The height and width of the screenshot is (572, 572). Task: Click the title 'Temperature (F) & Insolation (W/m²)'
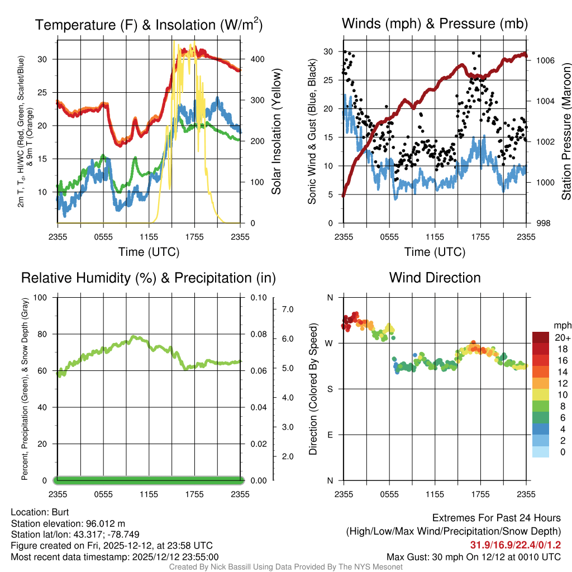pyautogui.click(x=149, y=25)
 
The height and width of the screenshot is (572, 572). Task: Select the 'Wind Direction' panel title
pyautogui.click(x=435, y=278)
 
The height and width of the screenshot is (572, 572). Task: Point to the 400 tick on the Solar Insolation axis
pyautogui.click(x=257, y=59)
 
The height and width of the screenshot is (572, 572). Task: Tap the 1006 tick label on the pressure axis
pyautogui.click(x=545, y=60)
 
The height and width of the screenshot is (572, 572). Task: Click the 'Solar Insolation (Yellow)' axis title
pyautogui.click(x=277, y=131)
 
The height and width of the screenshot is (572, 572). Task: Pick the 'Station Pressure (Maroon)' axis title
pyautogui.click(x=566, y=131)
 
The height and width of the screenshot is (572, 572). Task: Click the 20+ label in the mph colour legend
pyautogui.click(x=563, y=338)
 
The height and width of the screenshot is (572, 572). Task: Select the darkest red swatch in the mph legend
pyautogui.click(x=541, y=337)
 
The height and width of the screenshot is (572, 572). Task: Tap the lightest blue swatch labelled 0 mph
pyautogui.click(x=541, y=451)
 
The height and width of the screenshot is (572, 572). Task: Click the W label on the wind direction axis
pyautogui.click(x=329, y=344)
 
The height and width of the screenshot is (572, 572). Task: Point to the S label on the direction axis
pyautogui.click(x=330, y=389)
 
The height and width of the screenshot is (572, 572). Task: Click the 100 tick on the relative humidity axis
pyautogui.click(x=40, y=297)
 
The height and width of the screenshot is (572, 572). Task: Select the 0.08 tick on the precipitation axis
pyautogui.click(x=259, y=334)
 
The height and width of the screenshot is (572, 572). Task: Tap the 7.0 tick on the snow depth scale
pyautogui.click(x=288, y=309)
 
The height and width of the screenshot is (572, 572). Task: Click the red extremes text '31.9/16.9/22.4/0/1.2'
pyautogui.click(x=515, y=545)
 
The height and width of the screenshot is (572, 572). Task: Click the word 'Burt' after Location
pyautogui.click(x=60, y=512)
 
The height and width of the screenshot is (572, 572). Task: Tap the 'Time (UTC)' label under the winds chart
pyautogui.click(x=435, y=252)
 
